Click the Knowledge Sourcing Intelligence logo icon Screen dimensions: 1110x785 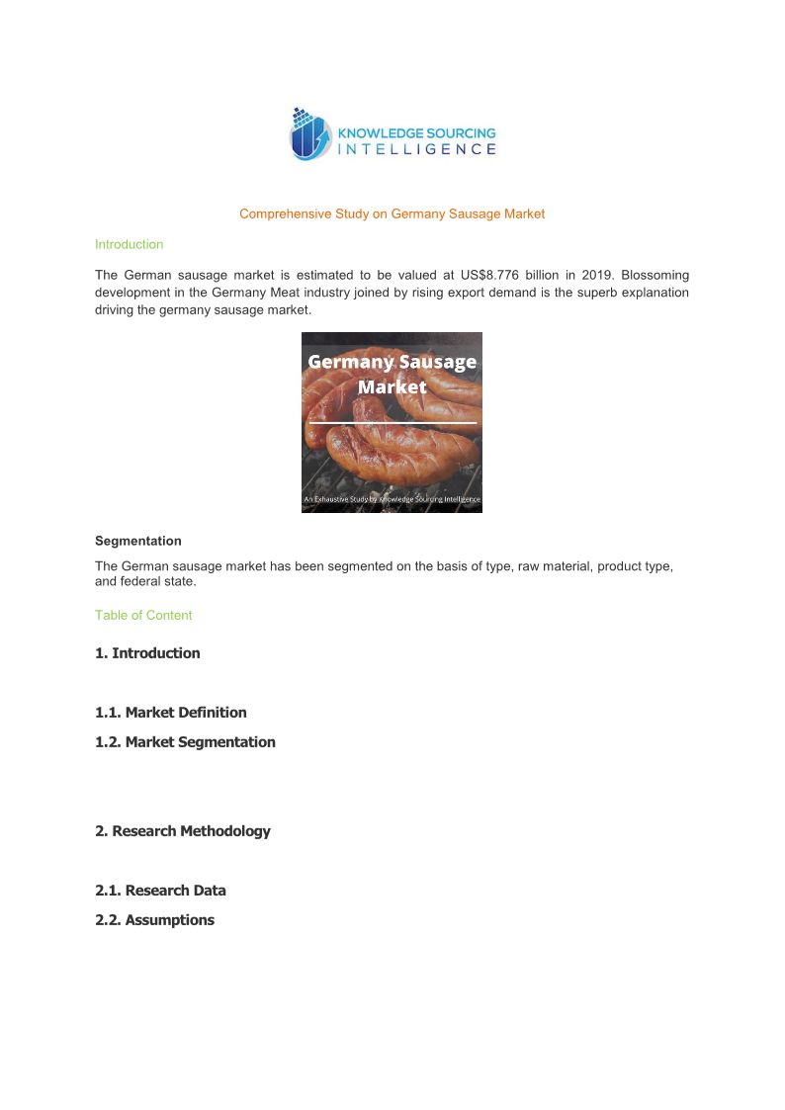click(x=310, y=134)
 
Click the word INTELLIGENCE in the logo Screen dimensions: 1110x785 click(x=417, y=149)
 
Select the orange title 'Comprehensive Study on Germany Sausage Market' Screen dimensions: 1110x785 click(x=392, y=213)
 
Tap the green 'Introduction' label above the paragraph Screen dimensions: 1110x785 click(x=129, y=244)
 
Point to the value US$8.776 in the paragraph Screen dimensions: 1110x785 click(x=483, y=275)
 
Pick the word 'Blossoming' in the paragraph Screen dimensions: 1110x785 click(x=655, y=275)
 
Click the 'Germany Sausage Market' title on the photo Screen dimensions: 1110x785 click(x=392, y=374)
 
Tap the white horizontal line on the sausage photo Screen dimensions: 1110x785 click(x=392, y=423)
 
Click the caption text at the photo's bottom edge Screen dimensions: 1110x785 click(x=392, y=499)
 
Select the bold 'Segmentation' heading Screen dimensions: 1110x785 click(x=138, y=541)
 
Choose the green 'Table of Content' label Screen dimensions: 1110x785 click(x=143, y=615)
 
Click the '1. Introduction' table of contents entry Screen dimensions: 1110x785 click(x=147, y=653)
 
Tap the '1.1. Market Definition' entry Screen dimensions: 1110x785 click(x=171, y=713)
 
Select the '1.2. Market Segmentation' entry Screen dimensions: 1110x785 click(x=185, y=742)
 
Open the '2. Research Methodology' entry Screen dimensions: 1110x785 click(x=183, y=831)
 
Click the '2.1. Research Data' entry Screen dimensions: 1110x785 click(x=160, y=891)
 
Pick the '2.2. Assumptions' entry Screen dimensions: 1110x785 click(x=154, y=920)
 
